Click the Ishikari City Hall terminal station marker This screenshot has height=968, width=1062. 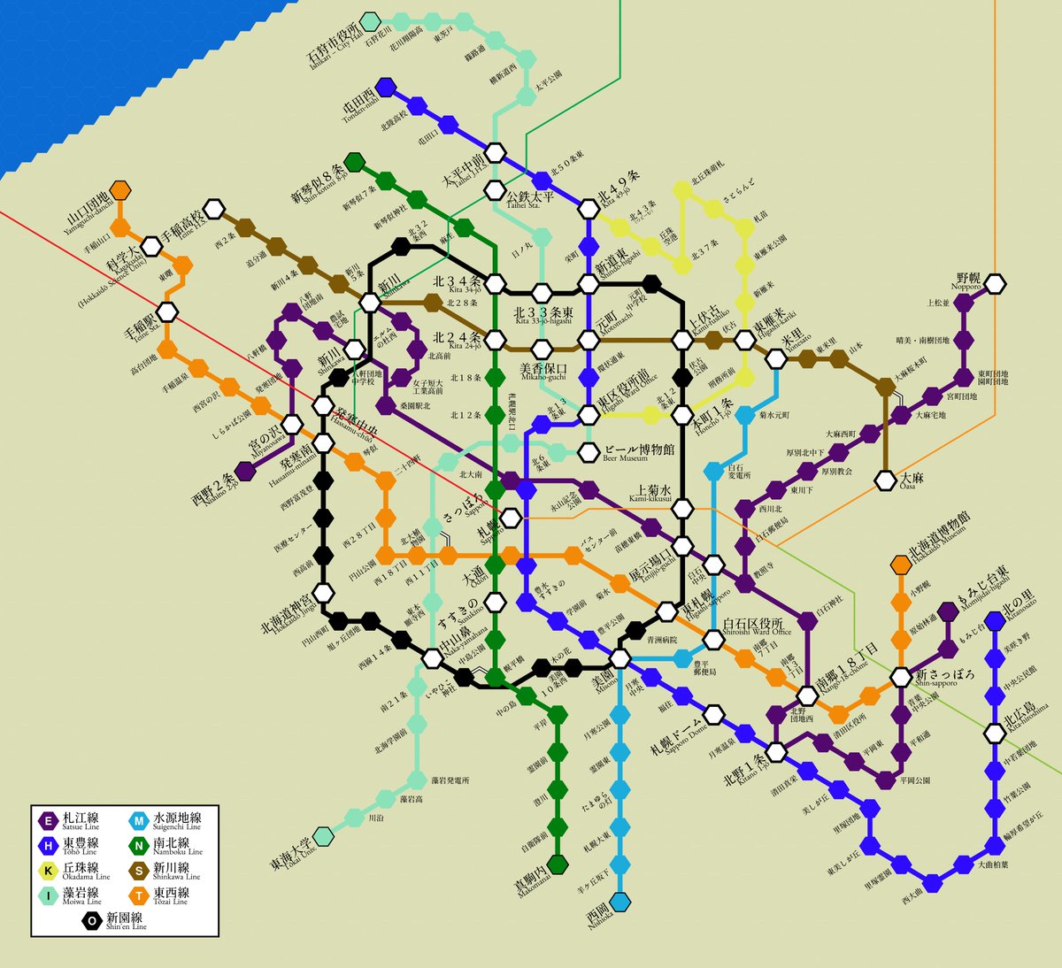[x=370, y=21]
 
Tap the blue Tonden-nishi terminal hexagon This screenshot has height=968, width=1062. [x=385, y=87]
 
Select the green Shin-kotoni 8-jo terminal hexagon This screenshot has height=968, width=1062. [x=354, y=162]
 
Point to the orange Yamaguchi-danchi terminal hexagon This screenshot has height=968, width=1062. [x=120, y=190]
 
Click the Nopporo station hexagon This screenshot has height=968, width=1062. [x=996, y=284]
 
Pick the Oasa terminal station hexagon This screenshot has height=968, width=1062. [x=886, y=480]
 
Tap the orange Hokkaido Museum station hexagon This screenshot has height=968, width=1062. [x=901, y=564]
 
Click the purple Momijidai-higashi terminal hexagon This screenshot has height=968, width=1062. [x=948, y=611]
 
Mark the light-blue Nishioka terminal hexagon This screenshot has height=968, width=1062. [x=621, y=902]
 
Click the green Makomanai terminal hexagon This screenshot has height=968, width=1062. [x=558, y=863]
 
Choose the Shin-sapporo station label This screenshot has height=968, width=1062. [x=945, y=677]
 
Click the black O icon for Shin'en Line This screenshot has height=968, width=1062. [x=91, y=921]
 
